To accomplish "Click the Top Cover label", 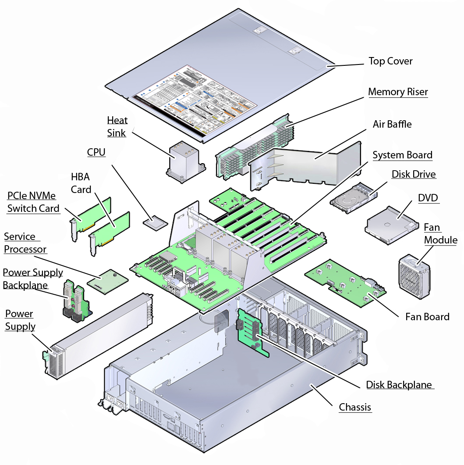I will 390,61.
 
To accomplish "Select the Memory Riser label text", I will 398,92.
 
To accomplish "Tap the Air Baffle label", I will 392,124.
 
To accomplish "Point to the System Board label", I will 402,155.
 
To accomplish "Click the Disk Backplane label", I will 399,385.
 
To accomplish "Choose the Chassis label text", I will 355,408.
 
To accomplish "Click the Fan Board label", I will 427,317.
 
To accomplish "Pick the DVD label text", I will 428,198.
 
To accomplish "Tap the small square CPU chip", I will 156,222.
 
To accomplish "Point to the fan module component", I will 414,276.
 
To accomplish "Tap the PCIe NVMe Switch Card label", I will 33,202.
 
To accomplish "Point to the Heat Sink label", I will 117,127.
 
